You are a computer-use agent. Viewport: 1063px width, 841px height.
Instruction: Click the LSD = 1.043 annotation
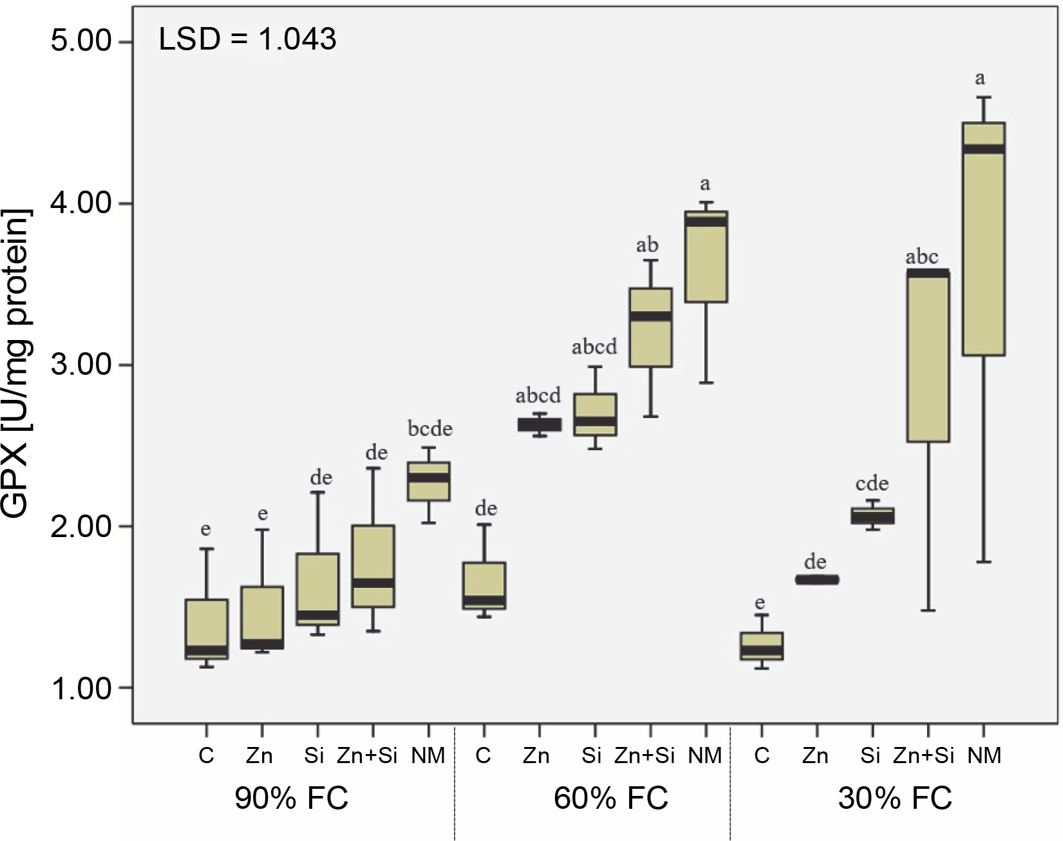(x=247, y=40)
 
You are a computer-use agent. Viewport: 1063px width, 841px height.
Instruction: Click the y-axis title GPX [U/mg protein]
(x=17, y=364)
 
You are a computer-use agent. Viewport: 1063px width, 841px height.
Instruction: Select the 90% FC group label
(x=291, y=799)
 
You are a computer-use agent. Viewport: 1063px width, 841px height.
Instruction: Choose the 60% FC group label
(x=611, y=799)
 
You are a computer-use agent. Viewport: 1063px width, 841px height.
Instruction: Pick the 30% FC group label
(x=894, y=799)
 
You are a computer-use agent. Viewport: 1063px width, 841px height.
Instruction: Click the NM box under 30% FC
(x=983, y=238)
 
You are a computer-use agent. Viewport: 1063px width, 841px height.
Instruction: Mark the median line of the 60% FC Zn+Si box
(x=650, y=316)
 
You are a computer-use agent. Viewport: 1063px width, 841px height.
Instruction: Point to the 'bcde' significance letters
(x=429, y=429)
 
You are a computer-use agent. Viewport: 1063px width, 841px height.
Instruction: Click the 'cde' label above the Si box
(x=872, y=484)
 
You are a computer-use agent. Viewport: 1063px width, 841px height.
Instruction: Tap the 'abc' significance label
(x=921, y=258)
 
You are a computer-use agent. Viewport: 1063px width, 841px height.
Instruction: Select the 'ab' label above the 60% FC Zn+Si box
(x=647, y=245)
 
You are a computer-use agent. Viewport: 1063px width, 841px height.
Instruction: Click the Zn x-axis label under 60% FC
(x=536, y=755)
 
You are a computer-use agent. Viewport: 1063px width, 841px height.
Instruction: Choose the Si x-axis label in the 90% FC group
(x=314, y=755)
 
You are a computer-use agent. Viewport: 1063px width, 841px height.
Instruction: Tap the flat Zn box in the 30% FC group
(x=816, y=580)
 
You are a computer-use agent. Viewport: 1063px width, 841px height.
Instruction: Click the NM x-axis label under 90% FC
(x=428, y=755)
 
